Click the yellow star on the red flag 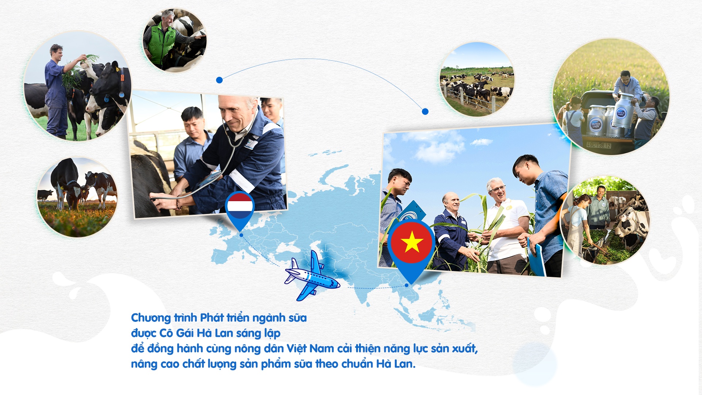(412, 242)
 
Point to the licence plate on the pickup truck (599, 145)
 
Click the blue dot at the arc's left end (219, 80)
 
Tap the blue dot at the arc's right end (425, 112)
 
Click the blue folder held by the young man (536, 256)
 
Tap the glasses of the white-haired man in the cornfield (498, 189)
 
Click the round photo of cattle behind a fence (477, 79)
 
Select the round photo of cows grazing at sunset (77, 197)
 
